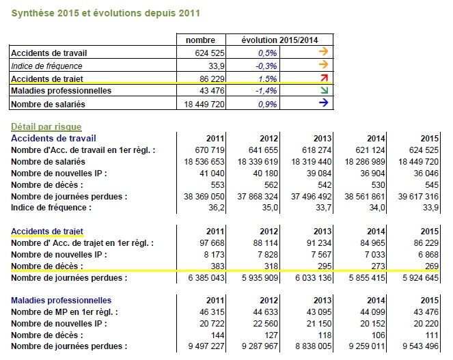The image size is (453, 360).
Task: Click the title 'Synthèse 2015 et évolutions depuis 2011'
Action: (105, 13)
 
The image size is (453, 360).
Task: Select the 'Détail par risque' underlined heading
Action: (46, 126)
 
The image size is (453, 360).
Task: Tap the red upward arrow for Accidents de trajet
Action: (324, 78)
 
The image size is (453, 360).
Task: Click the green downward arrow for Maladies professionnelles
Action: (324, 90)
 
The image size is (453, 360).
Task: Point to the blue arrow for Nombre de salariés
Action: (324, 102)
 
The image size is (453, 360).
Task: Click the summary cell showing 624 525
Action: (210, 53)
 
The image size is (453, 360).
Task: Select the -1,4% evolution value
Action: (266, 91)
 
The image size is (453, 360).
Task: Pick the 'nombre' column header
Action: (200, 40)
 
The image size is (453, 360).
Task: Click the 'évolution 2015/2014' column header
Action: (279, 40)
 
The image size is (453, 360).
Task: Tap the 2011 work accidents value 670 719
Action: (210, 150)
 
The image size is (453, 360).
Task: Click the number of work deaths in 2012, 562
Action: (271, 185)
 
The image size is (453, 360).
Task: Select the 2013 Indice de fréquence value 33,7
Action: (324, 208)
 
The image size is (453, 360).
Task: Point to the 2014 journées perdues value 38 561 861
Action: (365, 197)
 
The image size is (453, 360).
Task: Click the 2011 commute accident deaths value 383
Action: (217, 266)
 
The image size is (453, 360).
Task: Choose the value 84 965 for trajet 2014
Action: (372, 243)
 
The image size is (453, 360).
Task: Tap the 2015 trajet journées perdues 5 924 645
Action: (421, 278)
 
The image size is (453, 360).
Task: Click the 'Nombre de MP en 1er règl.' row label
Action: (64, 312)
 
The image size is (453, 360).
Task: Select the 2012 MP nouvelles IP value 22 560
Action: (266, 324)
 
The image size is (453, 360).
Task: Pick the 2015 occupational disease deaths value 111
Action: (433, 335)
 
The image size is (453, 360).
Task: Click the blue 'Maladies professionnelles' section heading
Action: (61, 301)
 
